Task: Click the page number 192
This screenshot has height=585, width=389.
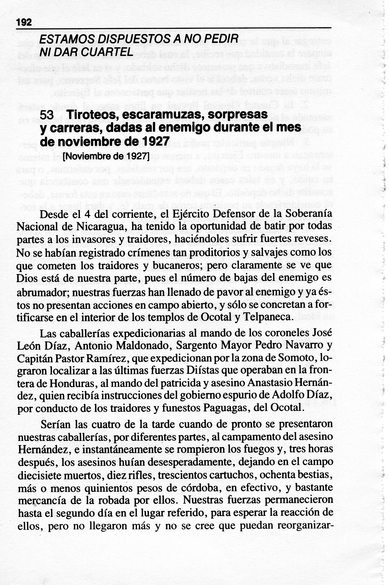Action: (24, 23)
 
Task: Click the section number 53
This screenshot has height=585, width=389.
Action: (46, 115)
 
